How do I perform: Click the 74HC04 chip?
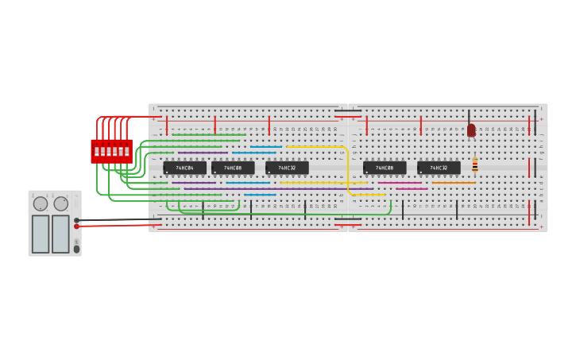pos(184,168)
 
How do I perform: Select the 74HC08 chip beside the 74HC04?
pos(233,168)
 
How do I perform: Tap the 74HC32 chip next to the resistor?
pos(439,168)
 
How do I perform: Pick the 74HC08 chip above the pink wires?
pos(385,168)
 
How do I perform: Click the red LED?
pos(471,130)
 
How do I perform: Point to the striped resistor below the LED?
pos(475,165)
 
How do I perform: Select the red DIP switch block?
pos(111,150)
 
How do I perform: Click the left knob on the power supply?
pos(41,204)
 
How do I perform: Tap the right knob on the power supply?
pos(61,204)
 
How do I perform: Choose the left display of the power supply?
pos(41,234)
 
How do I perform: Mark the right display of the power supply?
pos(60,234)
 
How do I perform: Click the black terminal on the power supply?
pos(77,220)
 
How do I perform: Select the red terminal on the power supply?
pos(77,226)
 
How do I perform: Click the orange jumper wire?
pos(454,183)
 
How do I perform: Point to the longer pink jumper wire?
pos(400,183)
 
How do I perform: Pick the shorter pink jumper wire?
pos(412,188)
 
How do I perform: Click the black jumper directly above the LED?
pos(469,116)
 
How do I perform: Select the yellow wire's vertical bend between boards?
pos(348,171)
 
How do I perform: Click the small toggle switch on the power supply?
pos(76,249)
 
